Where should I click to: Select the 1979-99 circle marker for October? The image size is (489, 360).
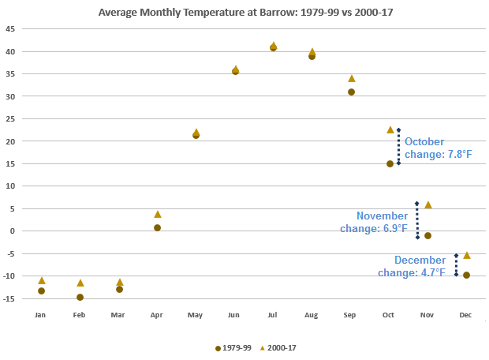(390, 163)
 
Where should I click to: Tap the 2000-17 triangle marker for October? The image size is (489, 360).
(390, 129)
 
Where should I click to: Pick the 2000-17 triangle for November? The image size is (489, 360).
(428, 204)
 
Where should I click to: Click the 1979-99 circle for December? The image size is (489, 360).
(467, 275)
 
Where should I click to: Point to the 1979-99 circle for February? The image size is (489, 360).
(80, 297)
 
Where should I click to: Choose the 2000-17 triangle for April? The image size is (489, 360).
(158, 214)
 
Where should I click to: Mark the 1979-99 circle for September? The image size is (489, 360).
(351, 92)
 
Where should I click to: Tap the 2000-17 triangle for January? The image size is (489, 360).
(41, 280)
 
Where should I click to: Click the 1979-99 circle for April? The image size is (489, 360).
(158, 227)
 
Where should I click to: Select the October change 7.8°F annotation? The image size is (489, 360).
(438, 148)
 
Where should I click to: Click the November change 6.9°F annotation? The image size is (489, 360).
(382, 222)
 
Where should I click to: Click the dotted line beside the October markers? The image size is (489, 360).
(399, 147)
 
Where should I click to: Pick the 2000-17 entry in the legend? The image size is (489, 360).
(281, 347)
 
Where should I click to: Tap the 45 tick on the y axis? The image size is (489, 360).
(11, 29)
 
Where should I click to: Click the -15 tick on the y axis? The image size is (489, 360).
(10, 298)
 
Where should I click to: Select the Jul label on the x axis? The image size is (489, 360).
(273, 315)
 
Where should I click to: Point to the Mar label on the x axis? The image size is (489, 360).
(118, 315)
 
